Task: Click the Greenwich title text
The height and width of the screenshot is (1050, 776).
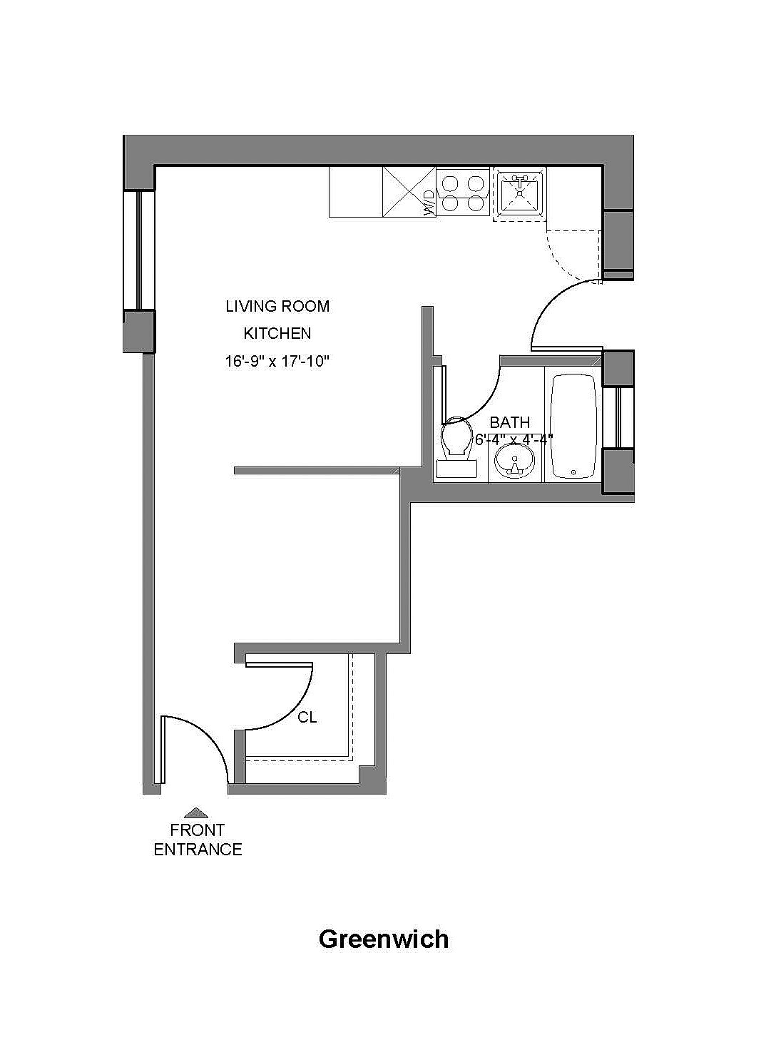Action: pos(384,939)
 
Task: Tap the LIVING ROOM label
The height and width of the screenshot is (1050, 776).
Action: pos(277,306)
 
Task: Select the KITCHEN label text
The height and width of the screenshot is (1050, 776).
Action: pos(277,333)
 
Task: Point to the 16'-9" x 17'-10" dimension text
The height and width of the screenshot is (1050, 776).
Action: pos(277,362)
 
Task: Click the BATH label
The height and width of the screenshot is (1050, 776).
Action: pos(510,422)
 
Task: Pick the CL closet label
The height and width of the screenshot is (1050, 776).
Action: pos(307,718)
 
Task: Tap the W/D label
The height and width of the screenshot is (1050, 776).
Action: pos(429,203)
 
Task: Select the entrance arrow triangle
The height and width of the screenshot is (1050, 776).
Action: pos(196,813)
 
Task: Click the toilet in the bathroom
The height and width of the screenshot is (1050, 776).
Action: pos(457,447)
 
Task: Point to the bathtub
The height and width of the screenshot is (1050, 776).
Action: pos(573,426)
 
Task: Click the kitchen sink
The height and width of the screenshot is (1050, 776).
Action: pos(519,193)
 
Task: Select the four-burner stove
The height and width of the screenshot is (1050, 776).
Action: pos(462,193)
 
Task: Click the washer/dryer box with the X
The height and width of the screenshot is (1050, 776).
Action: pos(409,192)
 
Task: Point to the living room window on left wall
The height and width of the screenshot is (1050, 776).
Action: pos(138,250)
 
